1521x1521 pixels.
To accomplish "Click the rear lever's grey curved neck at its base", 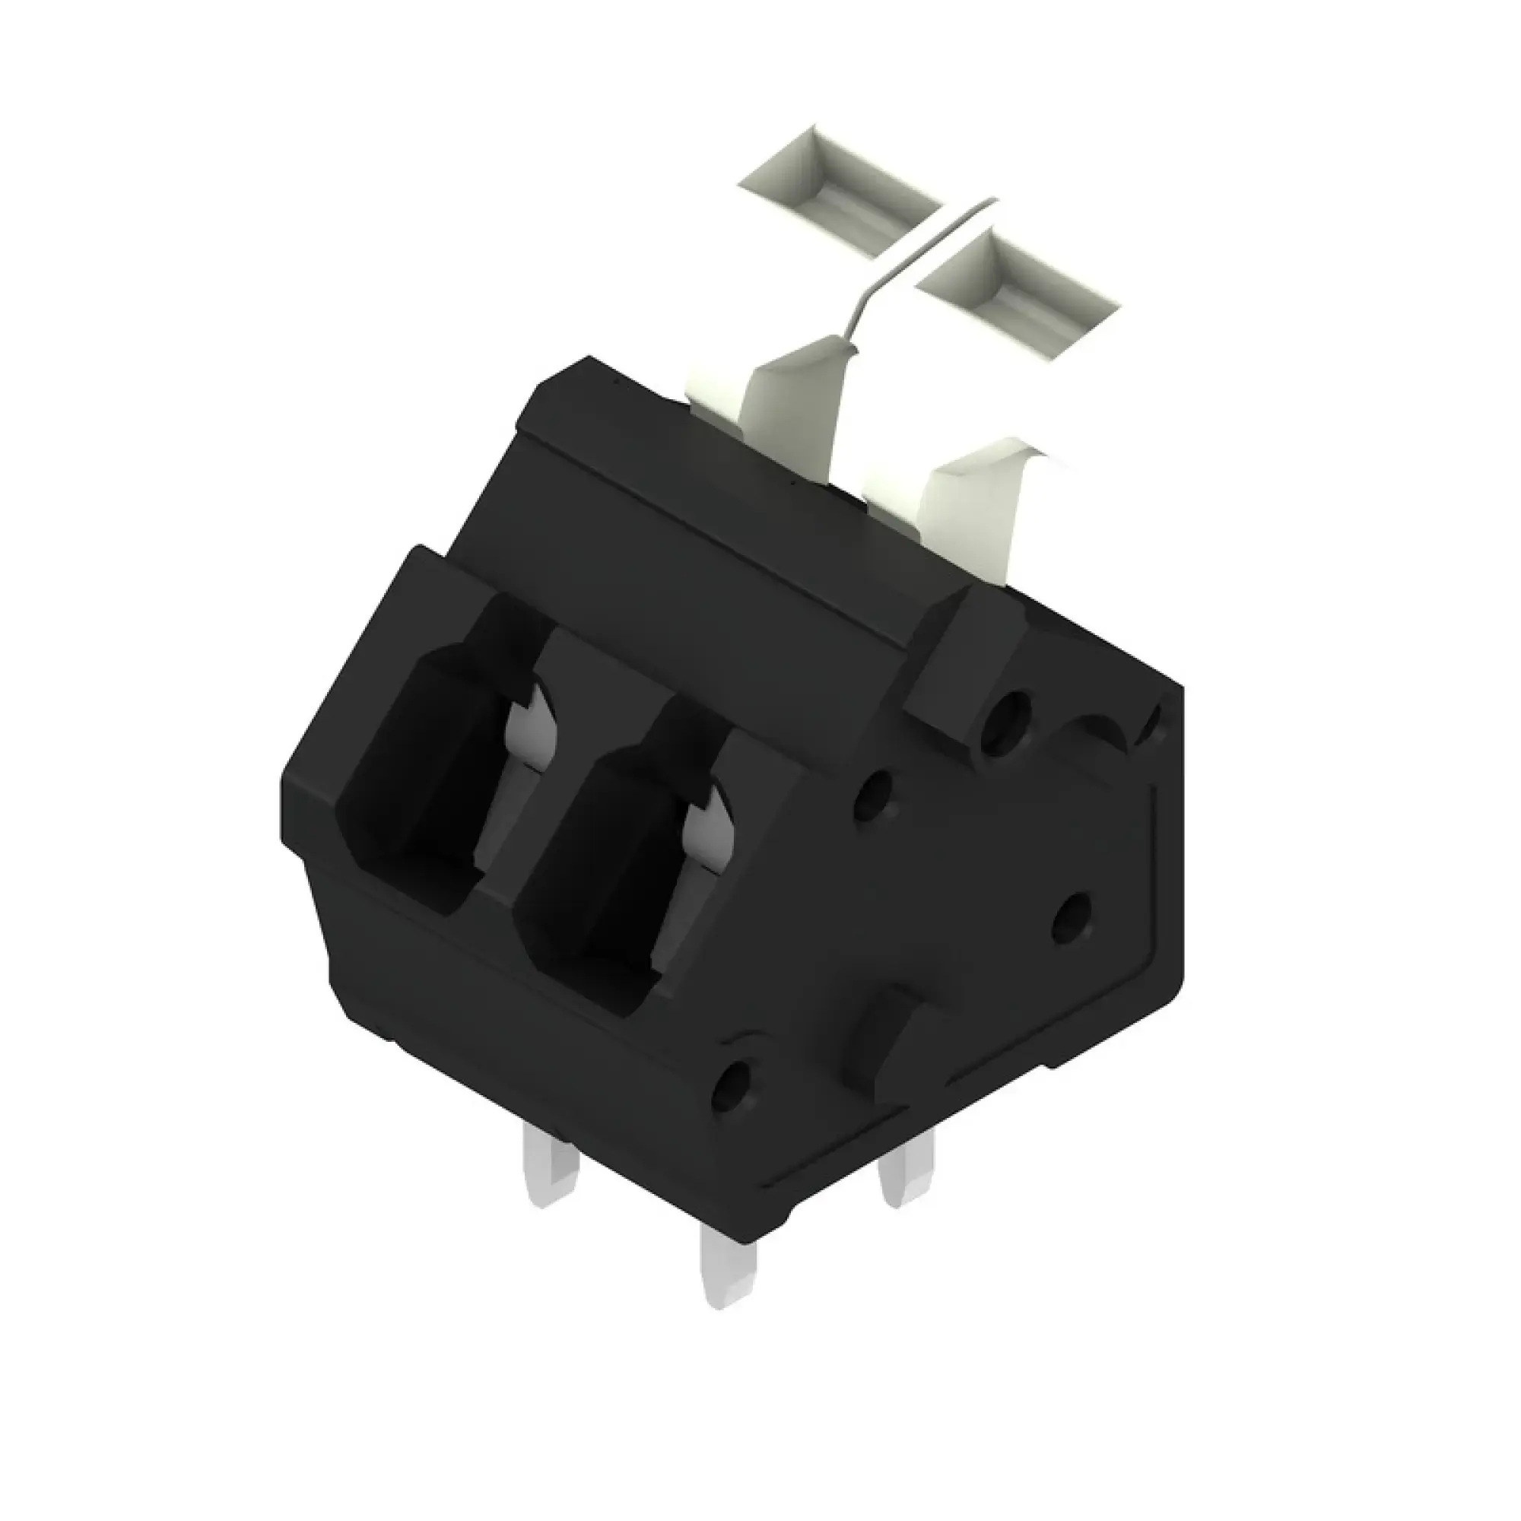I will click(795, 402).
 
